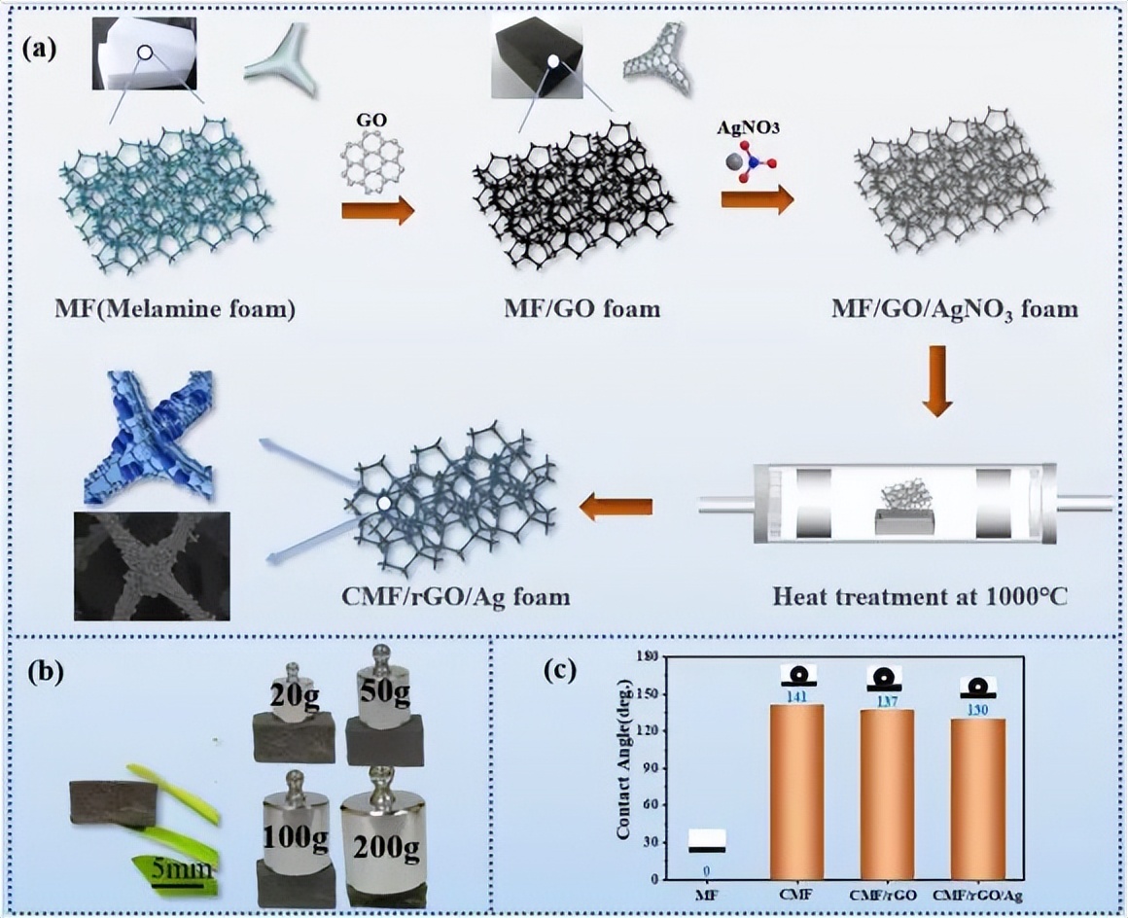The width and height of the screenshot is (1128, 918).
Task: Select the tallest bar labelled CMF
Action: click(x=796, y=792)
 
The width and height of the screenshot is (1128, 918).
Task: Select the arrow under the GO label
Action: click(x=378, y=212)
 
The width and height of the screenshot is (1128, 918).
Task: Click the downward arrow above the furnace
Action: click(x=936, y=380)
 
